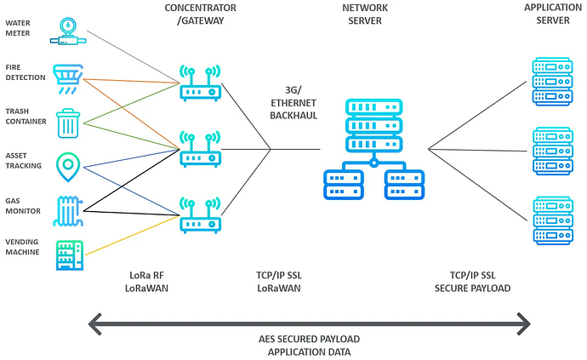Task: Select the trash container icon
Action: (x=69, y=123)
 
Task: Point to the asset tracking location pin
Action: (x=68, y=167)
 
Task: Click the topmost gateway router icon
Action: (x=200, y=83)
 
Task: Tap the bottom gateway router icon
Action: (x=200, y=215)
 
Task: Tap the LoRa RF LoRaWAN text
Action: (x=146, y=283)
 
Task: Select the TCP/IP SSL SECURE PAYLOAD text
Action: (x=470, y=283)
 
